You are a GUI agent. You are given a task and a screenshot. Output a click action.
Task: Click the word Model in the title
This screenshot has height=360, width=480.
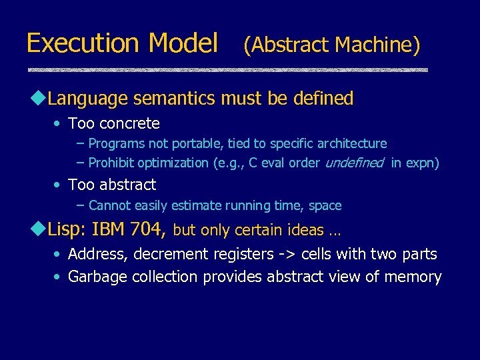[x=183, y=43]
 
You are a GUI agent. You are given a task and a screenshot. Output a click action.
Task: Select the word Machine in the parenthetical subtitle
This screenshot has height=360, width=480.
[x=377, y=45]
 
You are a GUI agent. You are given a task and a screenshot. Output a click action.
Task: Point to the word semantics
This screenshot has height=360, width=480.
[x=174, y=99]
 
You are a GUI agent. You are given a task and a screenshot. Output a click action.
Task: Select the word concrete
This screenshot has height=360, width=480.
[x=129, y=123]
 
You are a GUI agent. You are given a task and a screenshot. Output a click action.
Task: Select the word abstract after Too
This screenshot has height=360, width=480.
[x=127, y=185]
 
